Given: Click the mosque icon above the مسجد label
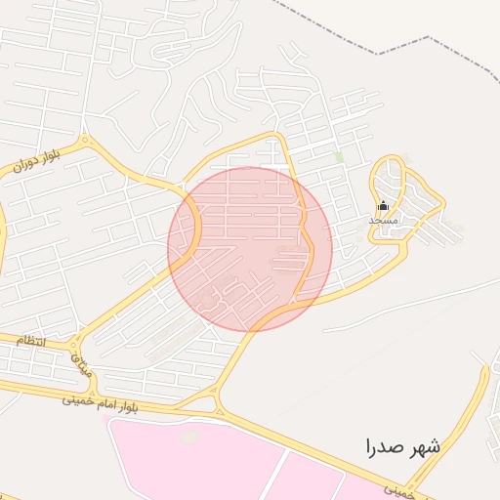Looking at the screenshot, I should pos(383,206).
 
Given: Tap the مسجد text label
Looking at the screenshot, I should pos(383,221).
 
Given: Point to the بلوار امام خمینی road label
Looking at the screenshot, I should pos(101,399).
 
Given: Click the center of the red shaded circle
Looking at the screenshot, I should pos(250,249).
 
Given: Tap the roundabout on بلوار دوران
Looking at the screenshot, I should pos(85,142).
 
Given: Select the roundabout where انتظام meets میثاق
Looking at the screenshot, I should pos(74,343).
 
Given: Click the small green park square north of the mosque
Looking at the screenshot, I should pos(339,156).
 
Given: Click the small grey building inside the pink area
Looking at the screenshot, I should pos(189,437).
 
